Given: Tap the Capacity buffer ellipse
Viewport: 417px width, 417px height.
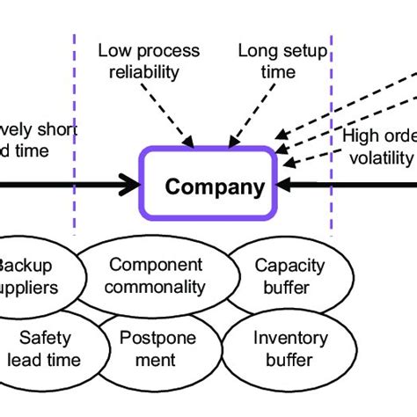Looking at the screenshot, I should [x=289, y=275].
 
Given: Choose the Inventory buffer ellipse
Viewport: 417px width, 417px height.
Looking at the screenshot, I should [x=289, y=348].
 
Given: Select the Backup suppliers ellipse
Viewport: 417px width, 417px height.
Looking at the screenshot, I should [x=35, y=275].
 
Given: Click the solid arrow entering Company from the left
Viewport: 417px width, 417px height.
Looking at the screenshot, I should [x=70, y=185].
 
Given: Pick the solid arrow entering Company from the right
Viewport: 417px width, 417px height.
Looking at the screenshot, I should [x=352, y=185].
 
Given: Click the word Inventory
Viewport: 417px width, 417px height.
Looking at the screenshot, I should [x=289, y=338].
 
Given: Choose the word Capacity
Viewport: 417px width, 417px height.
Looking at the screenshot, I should [x=289, y=265].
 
